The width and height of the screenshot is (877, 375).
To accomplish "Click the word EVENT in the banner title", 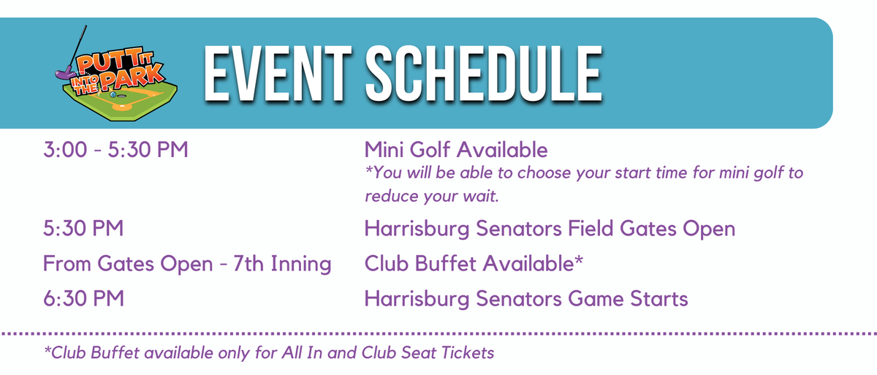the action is tap(277, 74).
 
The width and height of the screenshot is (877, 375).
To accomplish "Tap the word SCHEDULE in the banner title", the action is tap(484, 74).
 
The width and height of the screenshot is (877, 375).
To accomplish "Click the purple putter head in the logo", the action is tap(64, 73).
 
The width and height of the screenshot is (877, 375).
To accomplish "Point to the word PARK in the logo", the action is tap(132, 77).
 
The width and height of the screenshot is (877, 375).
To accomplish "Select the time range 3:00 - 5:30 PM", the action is tap(115, 150).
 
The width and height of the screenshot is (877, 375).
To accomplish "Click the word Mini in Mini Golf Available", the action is tap(384, 150).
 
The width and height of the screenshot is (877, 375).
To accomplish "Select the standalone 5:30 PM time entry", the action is tap(83, 228).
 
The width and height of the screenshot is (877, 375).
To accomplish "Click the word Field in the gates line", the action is tap(591, 228).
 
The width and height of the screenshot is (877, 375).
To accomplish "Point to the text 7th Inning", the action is tap(282, 263).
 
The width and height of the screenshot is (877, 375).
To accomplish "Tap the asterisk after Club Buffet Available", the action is tap(579, 259).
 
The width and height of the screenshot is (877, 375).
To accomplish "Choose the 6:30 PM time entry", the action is tap(83, 299).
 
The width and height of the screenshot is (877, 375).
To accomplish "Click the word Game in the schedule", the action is tap(596, 299).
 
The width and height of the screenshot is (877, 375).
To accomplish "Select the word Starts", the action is tap(659, 299).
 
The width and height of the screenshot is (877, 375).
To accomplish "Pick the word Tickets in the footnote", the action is tap(468, 352).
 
